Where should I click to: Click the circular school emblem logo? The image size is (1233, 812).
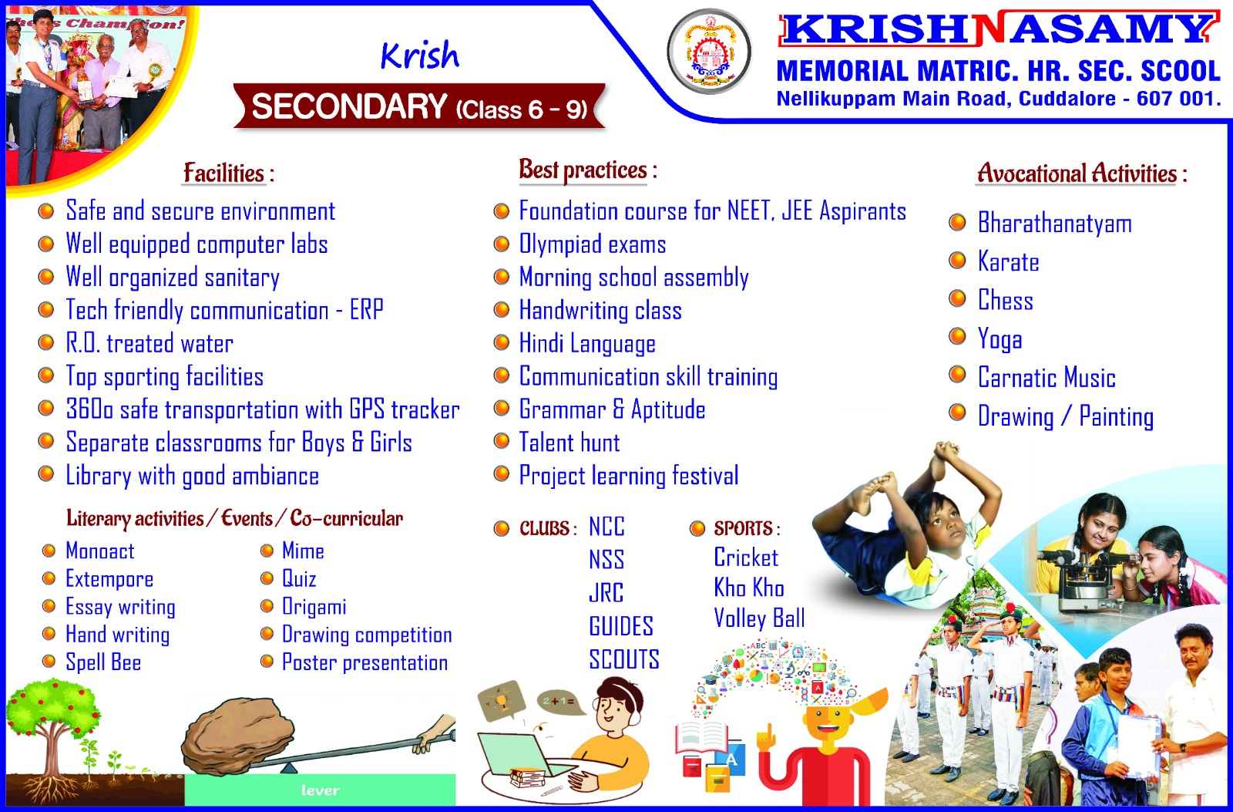pos(710,51)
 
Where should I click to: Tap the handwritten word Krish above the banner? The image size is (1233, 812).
pos(419,55)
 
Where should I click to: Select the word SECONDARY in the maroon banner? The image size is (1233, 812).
pos(350,106)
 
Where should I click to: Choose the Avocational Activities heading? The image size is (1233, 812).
pos(1082,173)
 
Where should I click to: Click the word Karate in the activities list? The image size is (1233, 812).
pos(1009,261)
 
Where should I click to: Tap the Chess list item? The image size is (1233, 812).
pos(1006,300)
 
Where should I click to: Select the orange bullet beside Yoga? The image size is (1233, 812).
pos(958,335)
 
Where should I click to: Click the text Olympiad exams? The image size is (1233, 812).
pos(593,244)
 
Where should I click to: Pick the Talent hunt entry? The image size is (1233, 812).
pos(569,443)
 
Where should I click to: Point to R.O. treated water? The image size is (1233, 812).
pos(150,343)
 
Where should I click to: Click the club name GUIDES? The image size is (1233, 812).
pos(621,626)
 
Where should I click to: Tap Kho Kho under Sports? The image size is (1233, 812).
pos(749,588)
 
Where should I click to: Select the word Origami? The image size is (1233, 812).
pos(314,607)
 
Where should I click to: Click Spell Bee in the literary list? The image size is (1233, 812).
pos(103,662)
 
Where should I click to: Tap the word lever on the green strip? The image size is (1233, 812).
pos(321,790)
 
